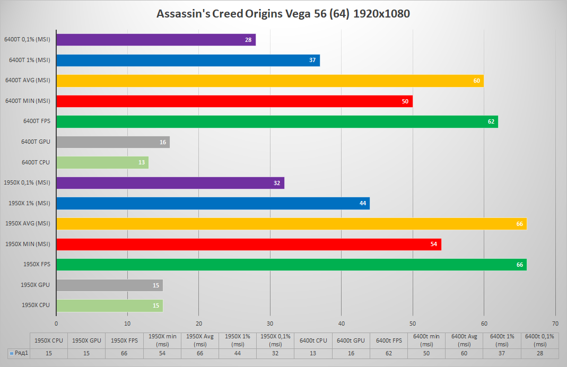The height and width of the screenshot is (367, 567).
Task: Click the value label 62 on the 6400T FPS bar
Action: click(491, 122)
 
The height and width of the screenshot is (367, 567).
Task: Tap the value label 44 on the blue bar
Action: click(363, 203)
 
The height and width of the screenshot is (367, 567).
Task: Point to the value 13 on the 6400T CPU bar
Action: click(142, 162)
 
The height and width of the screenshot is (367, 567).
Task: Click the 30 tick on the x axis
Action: click(270, 323)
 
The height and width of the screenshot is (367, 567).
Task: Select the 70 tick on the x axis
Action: click(555, 323)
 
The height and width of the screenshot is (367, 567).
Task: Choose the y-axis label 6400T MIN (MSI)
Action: click(27, 101)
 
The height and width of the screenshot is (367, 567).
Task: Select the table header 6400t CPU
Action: click(313, 340)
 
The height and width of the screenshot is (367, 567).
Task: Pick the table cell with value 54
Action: click(162, 353)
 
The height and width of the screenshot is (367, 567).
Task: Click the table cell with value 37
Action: click(502, 353)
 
